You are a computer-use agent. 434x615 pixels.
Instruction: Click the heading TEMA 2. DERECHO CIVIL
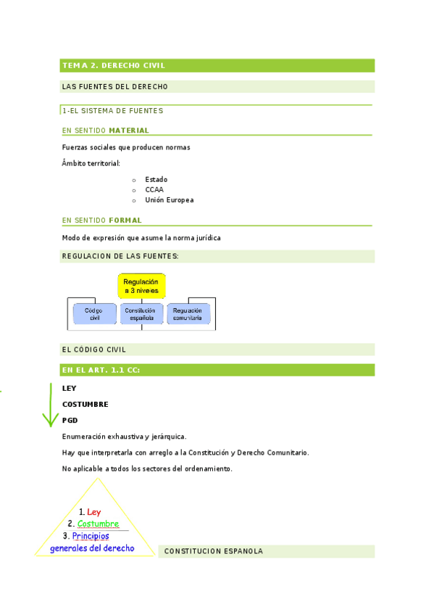[114, 66]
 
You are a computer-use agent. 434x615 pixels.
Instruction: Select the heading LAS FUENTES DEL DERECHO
[115, 87]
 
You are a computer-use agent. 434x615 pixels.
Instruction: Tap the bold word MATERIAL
[129, 131]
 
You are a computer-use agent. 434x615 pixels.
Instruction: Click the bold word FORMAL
[125, 220]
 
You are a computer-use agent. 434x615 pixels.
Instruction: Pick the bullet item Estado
[156, 179]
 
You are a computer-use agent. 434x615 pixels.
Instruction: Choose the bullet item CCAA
[154, 189]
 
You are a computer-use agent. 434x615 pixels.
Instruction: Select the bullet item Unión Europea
[169, 200]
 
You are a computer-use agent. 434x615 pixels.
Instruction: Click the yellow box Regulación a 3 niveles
[142, 286]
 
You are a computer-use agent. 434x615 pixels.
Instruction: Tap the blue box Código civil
[93, 314]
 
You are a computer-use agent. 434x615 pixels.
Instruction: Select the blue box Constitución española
[141, 314]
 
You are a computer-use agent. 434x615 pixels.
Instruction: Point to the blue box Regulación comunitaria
[188, 314]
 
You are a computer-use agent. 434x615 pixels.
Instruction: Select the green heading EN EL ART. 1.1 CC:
[101, 371]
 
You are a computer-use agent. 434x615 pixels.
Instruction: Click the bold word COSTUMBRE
[85, 404]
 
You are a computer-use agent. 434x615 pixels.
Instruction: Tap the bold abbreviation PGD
[70, 421]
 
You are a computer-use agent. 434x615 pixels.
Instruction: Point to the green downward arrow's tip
[49, 426]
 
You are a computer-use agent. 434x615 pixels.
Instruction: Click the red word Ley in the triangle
[93, 512]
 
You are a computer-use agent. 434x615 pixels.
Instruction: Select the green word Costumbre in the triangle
[98, 524]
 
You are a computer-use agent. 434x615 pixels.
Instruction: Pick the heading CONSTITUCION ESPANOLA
[213, 551]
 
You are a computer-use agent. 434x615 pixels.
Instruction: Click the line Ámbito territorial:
[91, 163]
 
